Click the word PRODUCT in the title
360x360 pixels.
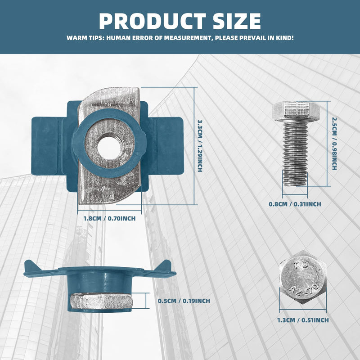tap(153, 21)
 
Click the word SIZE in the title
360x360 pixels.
tap(237, 21)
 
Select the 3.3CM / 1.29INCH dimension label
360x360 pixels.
tap(200, 146)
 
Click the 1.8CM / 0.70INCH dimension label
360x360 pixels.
tap(109, 218)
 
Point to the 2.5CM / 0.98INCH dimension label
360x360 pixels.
tap(334, 144)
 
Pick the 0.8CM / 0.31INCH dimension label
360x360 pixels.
tap(295, 204)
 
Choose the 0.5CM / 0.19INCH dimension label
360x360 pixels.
tap(184, 301)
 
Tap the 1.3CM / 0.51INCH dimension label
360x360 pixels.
tap(303, 320)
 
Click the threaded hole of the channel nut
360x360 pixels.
tap(109, 148)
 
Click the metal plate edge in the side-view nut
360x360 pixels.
tap(101, 301)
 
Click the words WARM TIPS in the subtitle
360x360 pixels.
tap(85, 38)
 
